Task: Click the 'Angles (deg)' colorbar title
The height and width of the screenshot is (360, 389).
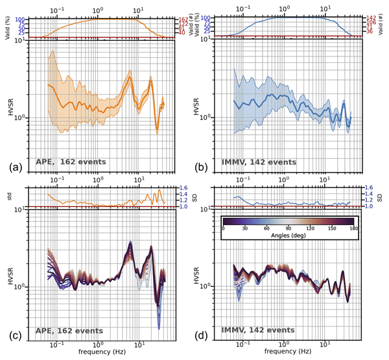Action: coord(291,237)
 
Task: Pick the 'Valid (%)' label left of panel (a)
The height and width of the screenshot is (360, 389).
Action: coord(10,28)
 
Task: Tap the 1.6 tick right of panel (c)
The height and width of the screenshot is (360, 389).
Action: coord(184,187)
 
